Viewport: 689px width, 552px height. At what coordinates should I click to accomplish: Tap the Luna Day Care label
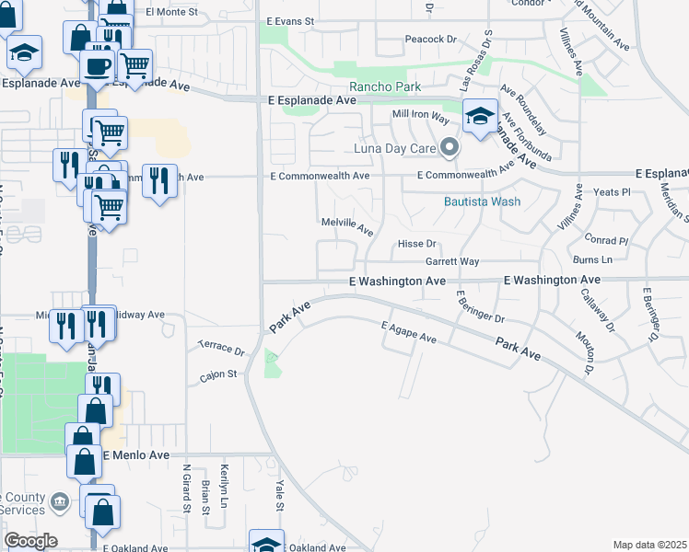click(394, 148)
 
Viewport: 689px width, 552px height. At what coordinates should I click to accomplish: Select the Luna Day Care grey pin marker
click(450, 147)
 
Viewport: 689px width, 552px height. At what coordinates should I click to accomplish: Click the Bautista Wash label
click(482, 201)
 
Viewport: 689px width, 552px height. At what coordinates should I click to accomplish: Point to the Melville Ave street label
click(346, 225)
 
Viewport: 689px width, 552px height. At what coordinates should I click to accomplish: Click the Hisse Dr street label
click(415, 244)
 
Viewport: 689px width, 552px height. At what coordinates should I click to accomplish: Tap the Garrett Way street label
click(451, 261)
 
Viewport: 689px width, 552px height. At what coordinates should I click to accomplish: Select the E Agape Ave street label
click(408, 332)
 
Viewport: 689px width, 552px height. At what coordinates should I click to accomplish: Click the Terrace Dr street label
click(221, 351)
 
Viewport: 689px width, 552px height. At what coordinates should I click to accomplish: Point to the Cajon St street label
click(219, 374)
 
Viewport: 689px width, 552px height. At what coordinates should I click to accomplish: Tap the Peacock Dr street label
click(431, 40)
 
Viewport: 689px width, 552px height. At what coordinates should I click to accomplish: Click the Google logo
click(30, 541)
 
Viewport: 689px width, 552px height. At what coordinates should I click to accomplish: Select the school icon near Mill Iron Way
click(480, 118)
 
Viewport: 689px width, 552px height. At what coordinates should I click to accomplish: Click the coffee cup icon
click(98, 65)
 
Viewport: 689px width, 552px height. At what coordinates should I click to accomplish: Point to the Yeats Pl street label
click(612, 192)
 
